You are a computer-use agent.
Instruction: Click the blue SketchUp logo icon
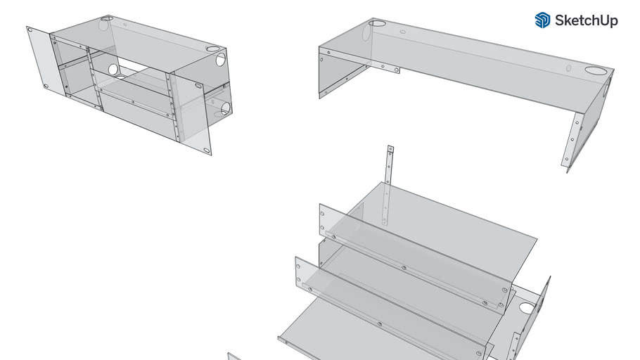(542, 20)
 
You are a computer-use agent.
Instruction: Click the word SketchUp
(586, 20)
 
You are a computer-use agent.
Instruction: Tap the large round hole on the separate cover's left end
(377, 23)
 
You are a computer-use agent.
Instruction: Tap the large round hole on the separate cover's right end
(596, 70)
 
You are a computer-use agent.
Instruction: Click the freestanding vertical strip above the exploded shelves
(387, 186)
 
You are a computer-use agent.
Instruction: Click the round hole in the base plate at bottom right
(527, 308)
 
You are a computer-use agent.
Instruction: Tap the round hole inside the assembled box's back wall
(113, 70)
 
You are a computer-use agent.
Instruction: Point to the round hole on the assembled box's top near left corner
(107, 19)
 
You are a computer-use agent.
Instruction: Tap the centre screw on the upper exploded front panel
(404, 267)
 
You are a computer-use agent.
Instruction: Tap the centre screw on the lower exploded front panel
(380, 324)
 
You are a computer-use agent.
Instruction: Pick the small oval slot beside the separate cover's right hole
(568, 68)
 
